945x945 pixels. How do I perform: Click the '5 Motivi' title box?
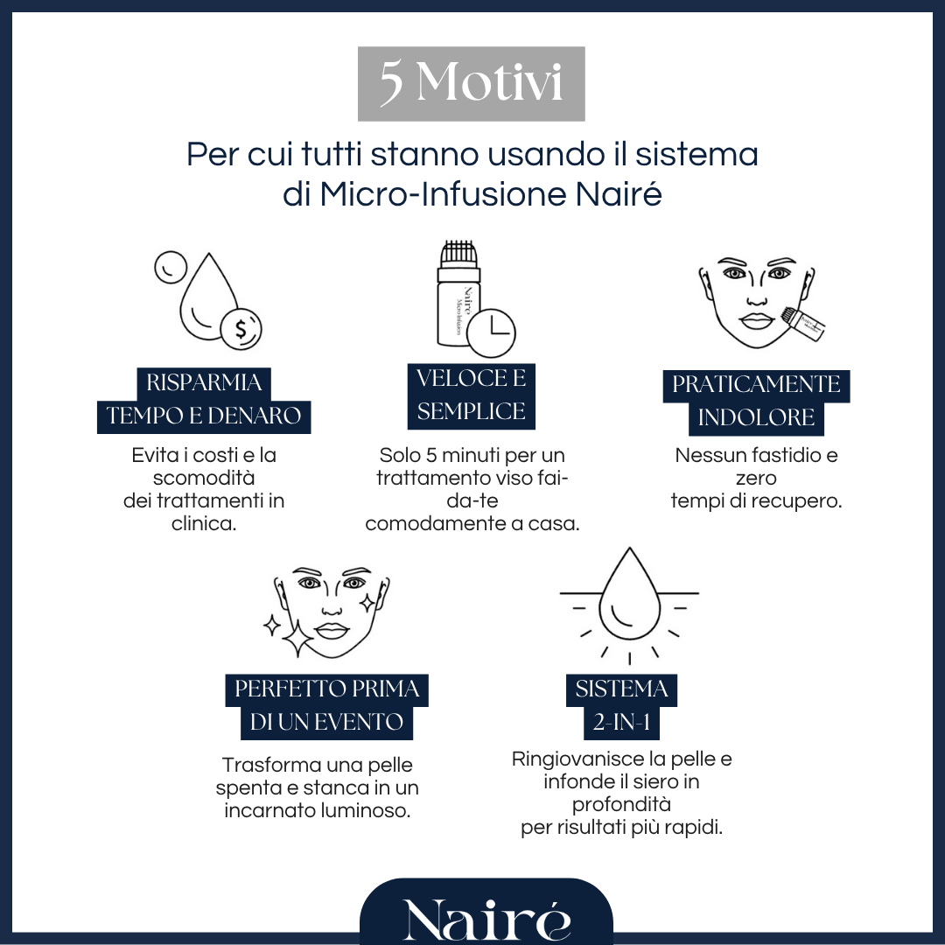pos(471,83)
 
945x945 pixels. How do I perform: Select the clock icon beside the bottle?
pos(492,332)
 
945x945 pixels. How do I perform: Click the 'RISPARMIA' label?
pos(204,382)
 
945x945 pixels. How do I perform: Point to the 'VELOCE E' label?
pos(471,379)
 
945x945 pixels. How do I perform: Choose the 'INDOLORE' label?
pos(756,417)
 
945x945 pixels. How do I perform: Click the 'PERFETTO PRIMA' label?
pos(326,689)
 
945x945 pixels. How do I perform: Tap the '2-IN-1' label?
pos(622,724)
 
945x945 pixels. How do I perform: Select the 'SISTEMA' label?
pos(621,689)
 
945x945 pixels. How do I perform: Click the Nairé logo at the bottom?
pos(486,919)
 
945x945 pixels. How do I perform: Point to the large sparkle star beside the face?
pos(297,641)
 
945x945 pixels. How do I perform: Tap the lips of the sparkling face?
pos(332,628)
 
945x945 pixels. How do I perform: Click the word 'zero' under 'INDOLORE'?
pos(756,479)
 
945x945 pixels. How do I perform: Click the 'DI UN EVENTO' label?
pos(326,724)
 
